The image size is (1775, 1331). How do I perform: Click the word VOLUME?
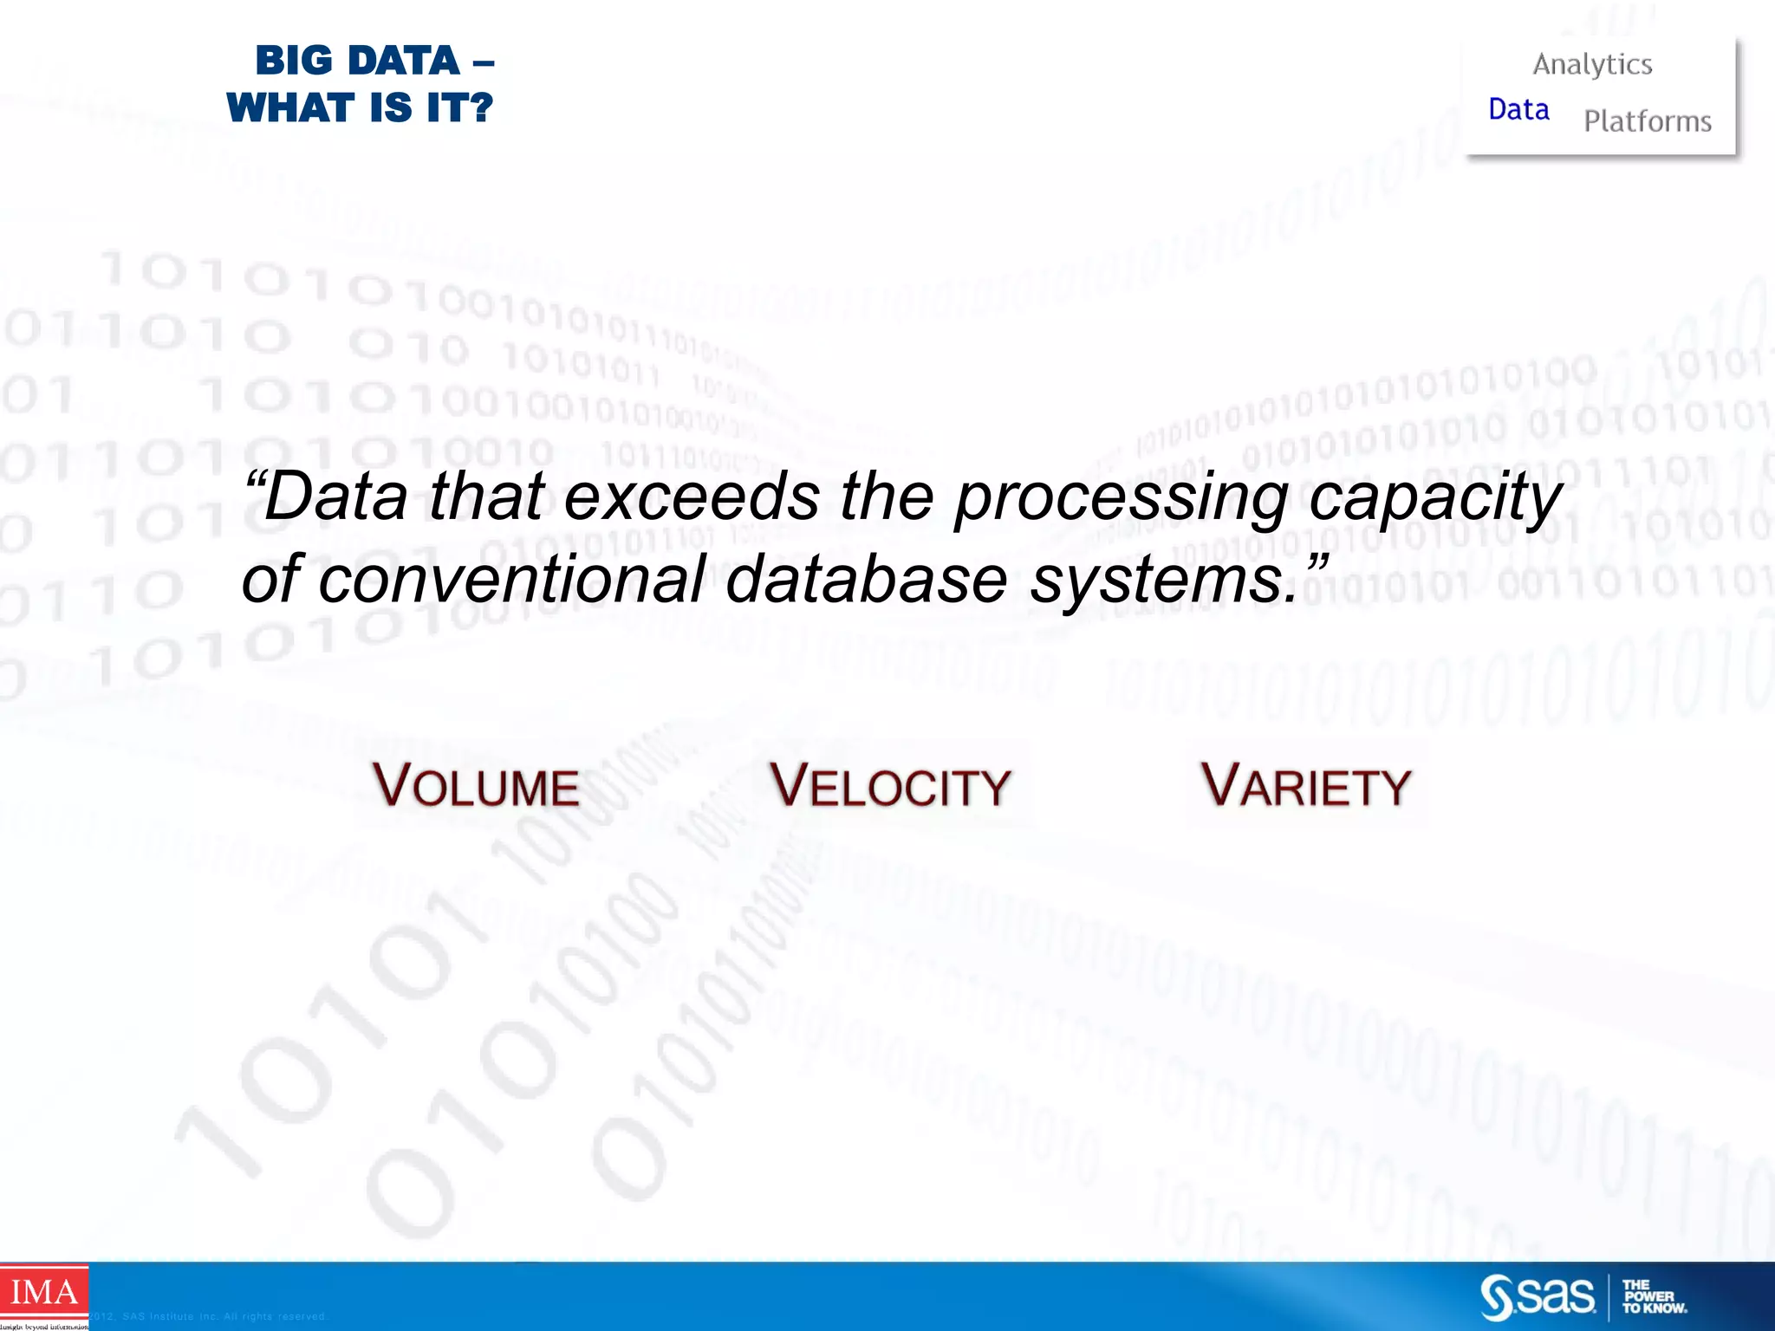click(476, 785)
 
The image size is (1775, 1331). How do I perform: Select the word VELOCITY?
click(890, 785)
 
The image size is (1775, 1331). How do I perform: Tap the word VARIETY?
click(1305, 785)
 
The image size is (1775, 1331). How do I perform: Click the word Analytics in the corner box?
click(1592, 65)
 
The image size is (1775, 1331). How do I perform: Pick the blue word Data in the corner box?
click(1518, 110)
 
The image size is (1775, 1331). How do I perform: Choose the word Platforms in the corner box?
click(1647, 121)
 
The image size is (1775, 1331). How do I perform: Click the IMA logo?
click(43, 1293)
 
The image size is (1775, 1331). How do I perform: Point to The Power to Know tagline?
click(1654, 1297)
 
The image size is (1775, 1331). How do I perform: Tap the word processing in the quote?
click(1121, 499)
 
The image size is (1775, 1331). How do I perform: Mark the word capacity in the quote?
click(1434, 499)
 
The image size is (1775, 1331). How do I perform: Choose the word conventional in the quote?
click(511, 579)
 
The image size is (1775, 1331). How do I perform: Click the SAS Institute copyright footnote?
click(208, 1316)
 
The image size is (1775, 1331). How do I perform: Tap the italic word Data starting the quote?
click(335, 497)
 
